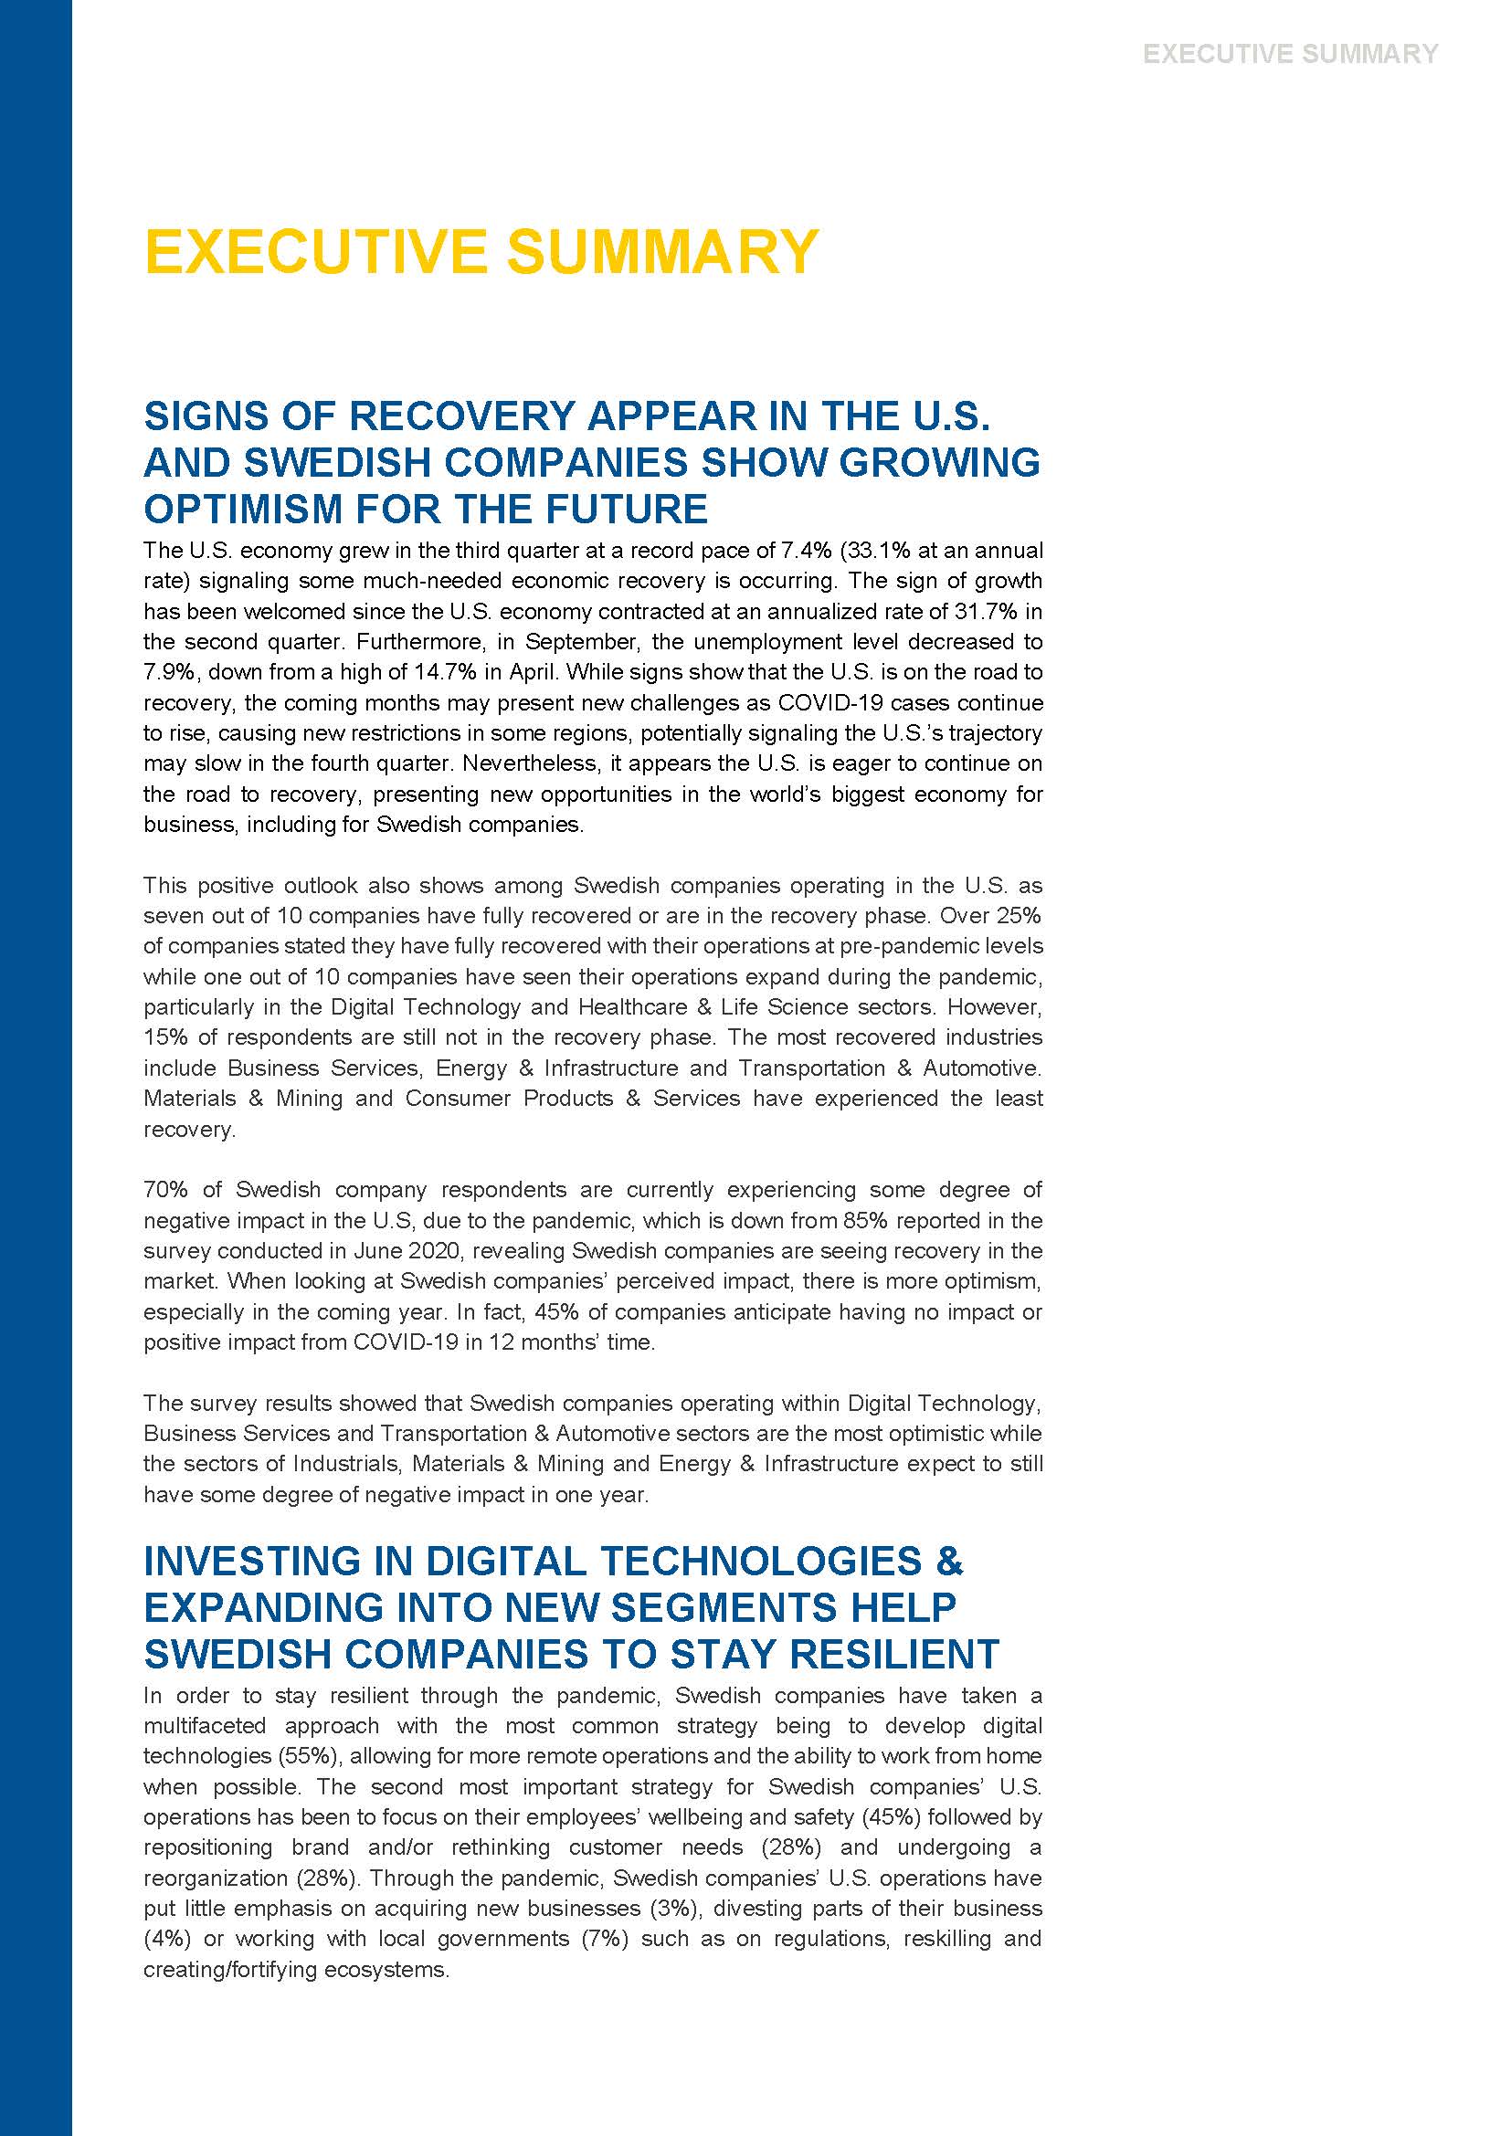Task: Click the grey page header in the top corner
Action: [1290, 54]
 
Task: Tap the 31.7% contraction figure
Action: [987, 611]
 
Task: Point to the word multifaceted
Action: [204, 1725]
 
